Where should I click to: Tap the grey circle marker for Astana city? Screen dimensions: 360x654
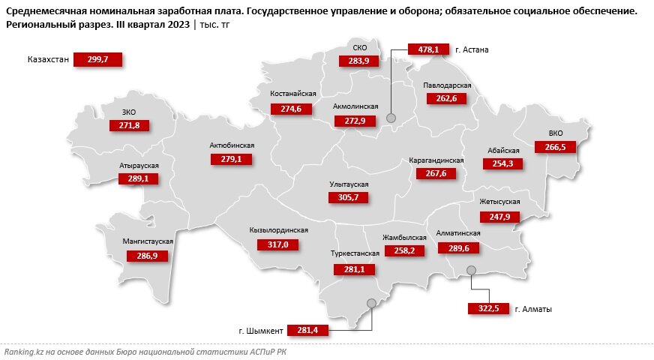coord(391,118)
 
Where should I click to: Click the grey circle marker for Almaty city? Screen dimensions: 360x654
coord(471,270)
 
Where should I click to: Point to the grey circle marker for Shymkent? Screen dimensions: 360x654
coord(370,303)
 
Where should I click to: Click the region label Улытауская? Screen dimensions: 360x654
coord(349,184)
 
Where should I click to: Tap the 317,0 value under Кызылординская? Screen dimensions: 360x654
coord(277,244)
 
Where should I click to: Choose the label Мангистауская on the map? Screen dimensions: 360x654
coord(148,241)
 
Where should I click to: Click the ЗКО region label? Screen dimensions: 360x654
coord(129,112)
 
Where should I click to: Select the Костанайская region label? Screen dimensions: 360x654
coord(293,94)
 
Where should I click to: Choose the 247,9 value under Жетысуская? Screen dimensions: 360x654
coord(499,217)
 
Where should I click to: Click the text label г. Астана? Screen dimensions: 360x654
coord(472,50)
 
